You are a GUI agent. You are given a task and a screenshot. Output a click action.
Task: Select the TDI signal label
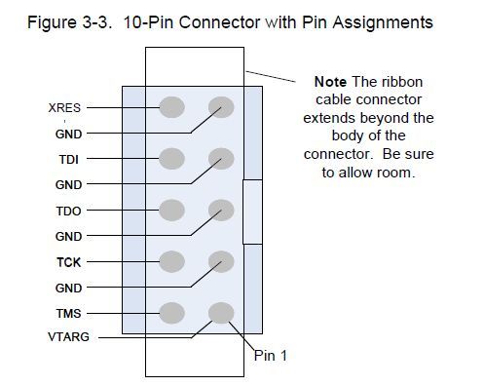tap(67, 158)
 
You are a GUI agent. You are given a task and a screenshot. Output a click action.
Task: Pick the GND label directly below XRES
tap(67, 133)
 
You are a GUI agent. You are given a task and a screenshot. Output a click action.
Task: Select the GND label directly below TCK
tap(67, 288)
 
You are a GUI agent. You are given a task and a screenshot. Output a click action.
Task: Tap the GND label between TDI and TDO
tap(67, 184)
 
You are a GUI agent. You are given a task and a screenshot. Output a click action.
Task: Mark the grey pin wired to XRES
tap(171, 106)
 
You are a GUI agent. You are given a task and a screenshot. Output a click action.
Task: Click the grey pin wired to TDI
tap(171, 158)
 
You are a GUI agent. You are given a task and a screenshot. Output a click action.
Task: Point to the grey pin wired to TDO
tap(171, 210)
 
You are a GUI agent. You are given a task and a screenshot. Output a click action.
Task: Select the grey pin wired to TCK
tap(171, 261)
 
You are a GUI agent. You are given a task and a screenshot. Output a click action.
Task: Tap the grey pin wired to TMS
tap(171, 313)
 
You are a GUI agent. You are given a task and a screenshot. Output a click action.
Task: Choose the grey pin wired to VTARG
tap(221, 313)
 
